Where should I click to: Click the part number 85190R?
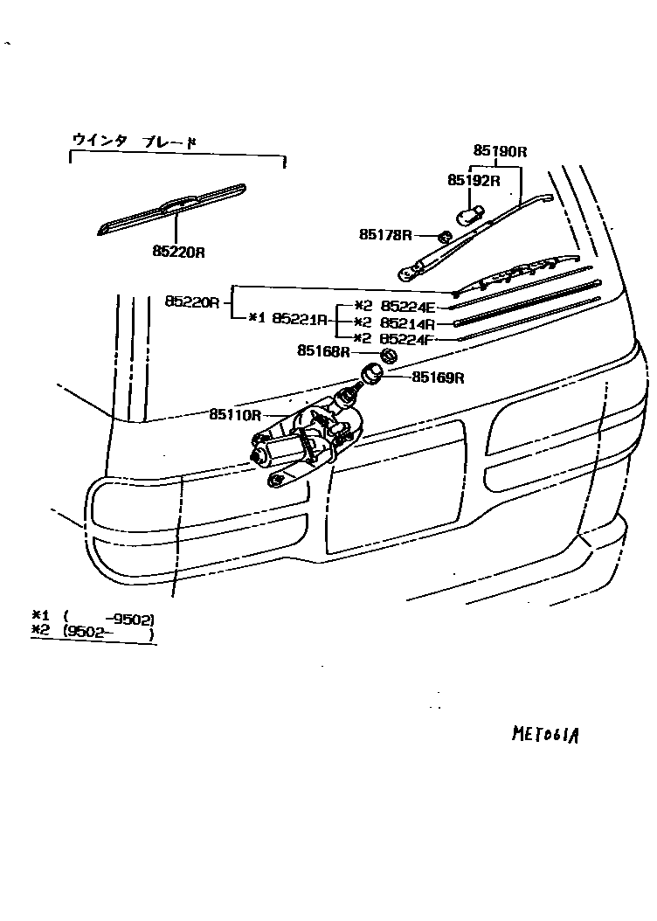(x=501, y=151)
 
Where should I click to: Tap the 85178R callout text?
(x=384, y=234)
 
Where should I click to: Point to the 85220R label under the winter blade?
(x=178, y=252)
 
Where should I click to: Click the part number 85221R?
(x=300, y=318)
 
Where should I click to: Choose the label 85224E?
(x=407, y=308)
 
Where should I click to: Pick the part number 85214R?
(x=407, y=323)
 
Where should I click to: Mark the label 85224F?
(x=407, y=338)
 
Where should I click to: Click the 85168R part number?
(x=323, y=351)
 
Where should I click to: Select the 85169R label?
(x=437, y=377)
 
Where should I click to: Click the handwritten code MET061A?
(x=546, y=731)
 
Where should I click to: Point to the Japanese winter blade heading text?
(x=134, y=141)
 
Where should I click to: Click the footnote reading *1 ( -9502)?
(x=92, y=620)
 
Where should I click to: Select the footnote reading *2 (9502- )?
(x=92, y=635)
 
